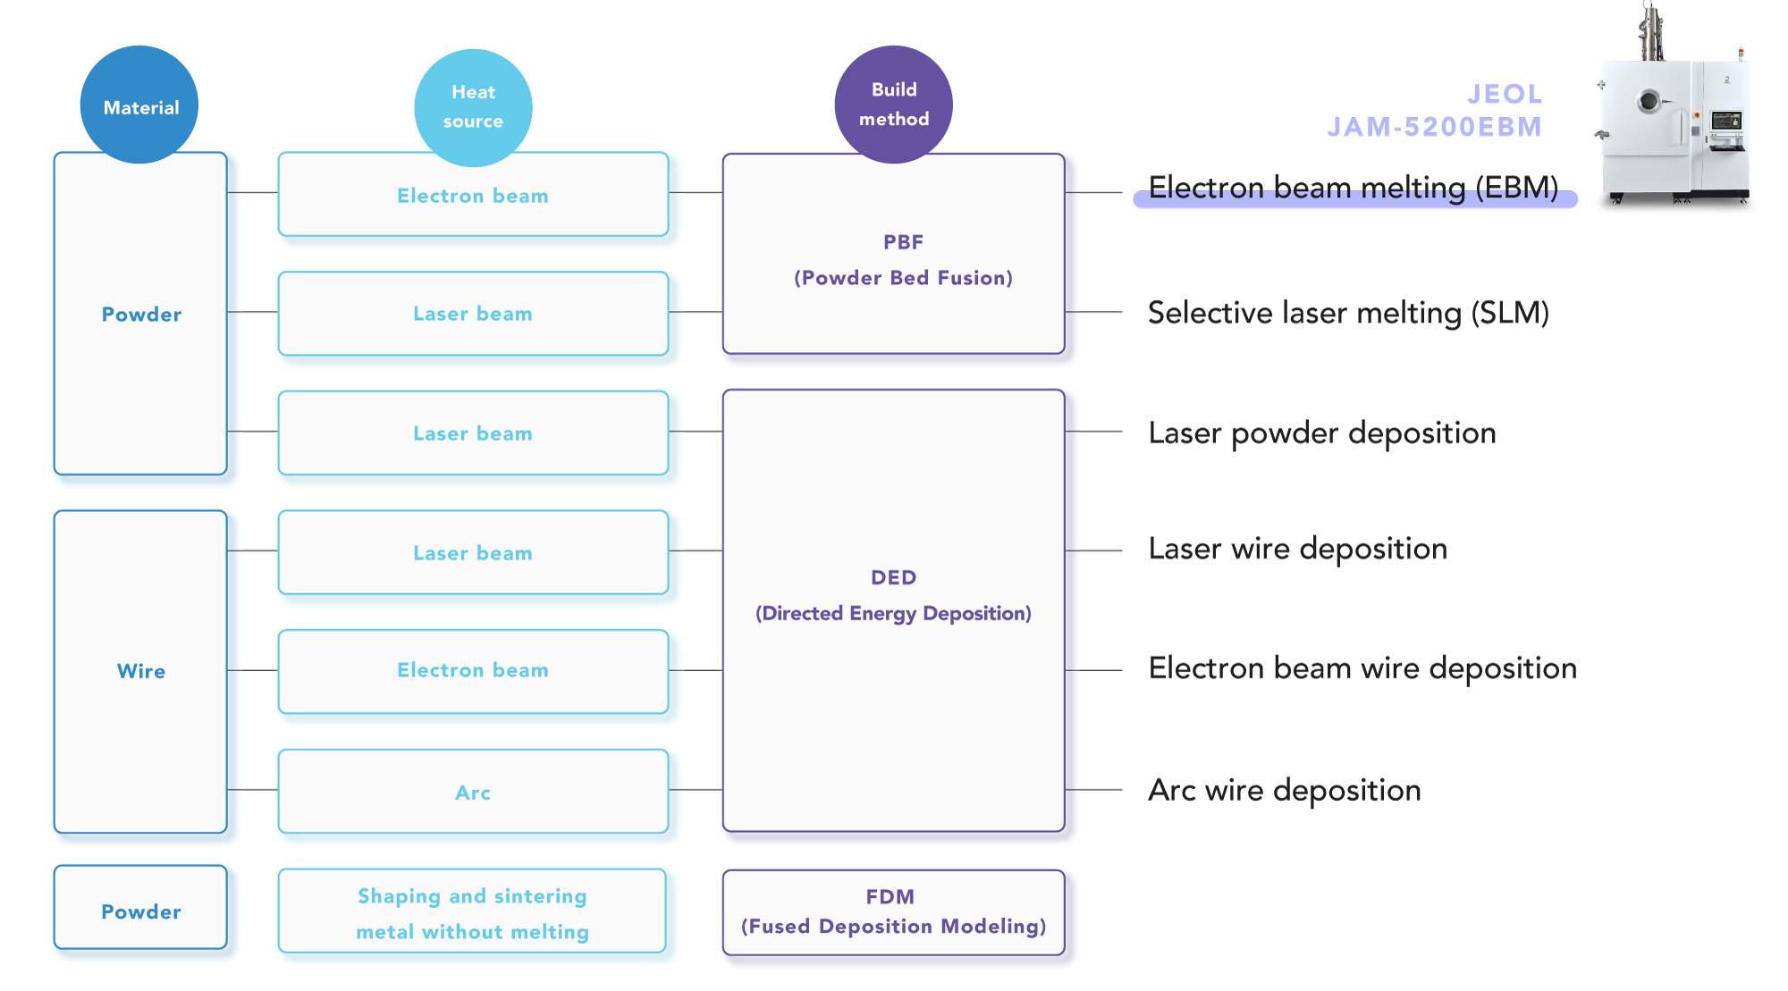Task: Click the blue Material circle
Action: pyautogui.click(x=139, y=105)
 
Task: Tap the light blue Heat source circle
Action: pyautogui.click(x=473, y=107)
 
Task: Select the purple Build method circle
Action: pyautogui.click(x=893, y=105)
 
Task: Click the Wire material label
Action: pyautogui.click(x=141, y=671)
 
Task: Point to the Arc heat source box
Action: pyautogui.click(x=473, y=792)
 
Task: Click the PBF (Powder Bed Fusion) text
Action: pyautogui.click(x=902, y=260)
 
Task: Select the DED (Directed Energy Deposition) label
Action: pyautogui.click(x=893, y=595)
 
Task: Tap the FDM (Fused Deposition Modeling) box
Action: pyautogui.click(x=893, y=912)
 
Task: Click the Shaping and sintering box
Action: pyautogui.click(x=472, y=912)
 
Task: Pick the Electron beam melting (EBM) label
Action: pyautogui.click(x=1353, y=188)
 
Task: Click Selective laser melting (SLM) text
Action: pyautogui.click(x=1347, y=313)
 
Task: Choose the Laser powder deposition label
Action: pyautogui.click(x=1321, y=433)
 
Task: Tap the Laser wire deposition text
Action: pyautogui.click(x=1297, y=549)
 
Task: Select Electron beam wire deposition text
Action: pyautogui.click(x=1362, y=668)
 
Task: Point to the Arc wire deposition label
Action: pyautogui.click(x=1284, y=790)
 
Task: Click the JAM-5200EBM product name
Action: pyautogui.click(x=1434, y=127)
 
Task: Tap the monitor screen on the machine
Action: pyautogui.click(x=1725, y=121)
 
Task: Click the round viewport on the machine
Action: pyautogui.click(x=1649, y=101)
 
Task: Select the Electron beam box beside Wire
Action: pyautogui.click(x=473, y=671)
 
